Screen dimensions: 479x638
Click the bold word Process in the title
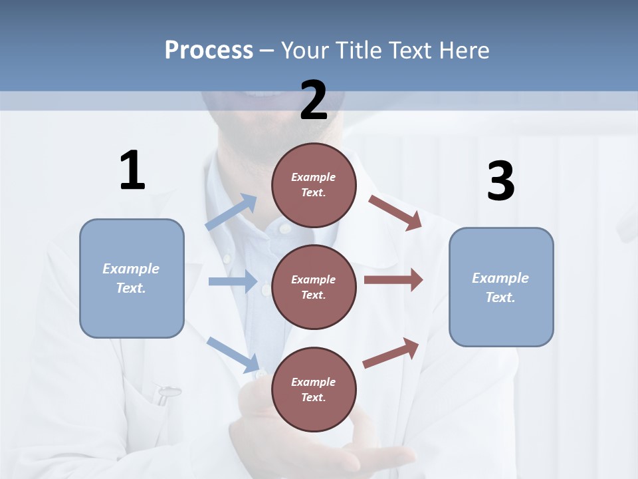click(209, 51)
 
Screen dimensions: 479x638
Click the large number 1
click(132, 171)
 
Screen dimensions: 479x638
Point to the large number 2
click(314, 100)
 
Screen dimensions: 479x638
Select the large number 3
click(500, 182)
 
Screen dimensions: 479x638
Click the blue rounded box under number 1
click(132, 278)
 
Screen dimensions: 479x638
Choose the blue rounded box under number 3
click(501, 287)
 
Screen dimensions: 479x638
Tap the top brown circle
click(314, 185)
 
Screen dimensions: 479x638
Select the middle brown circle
click(314, 287)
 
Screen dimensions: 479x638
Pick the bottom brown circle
click(314, 389)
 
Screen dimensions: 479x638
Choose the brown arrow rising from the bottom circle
click(391, 353)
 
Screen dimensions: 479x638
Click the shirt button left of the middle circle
click(266, 289)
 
